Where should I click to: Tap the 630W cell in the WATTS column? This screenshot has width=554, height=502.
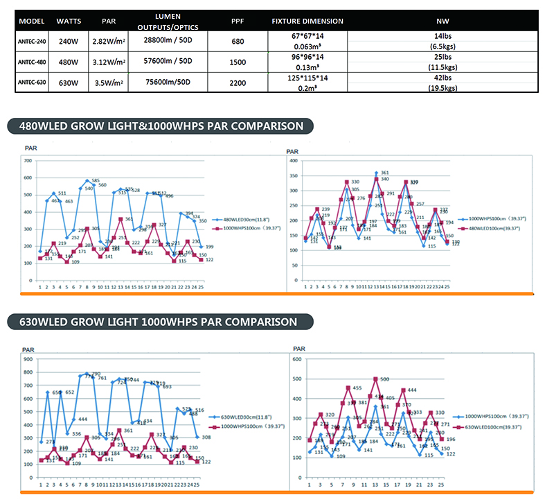click(69, 82)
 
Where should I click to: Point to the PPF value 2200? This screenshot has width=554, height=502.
click(238, 82)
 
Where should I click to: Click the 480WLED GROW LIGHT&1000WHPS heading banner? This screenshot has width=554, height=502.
click(159, 126)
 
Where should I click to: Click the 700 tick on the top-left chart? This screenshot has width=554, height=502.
click(29, 161)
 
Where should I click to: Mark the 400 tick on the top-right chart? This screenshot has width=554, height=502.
click(293, 161)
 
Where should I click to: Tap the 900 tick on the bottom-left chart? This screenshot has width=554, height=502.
click(28, 359)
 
